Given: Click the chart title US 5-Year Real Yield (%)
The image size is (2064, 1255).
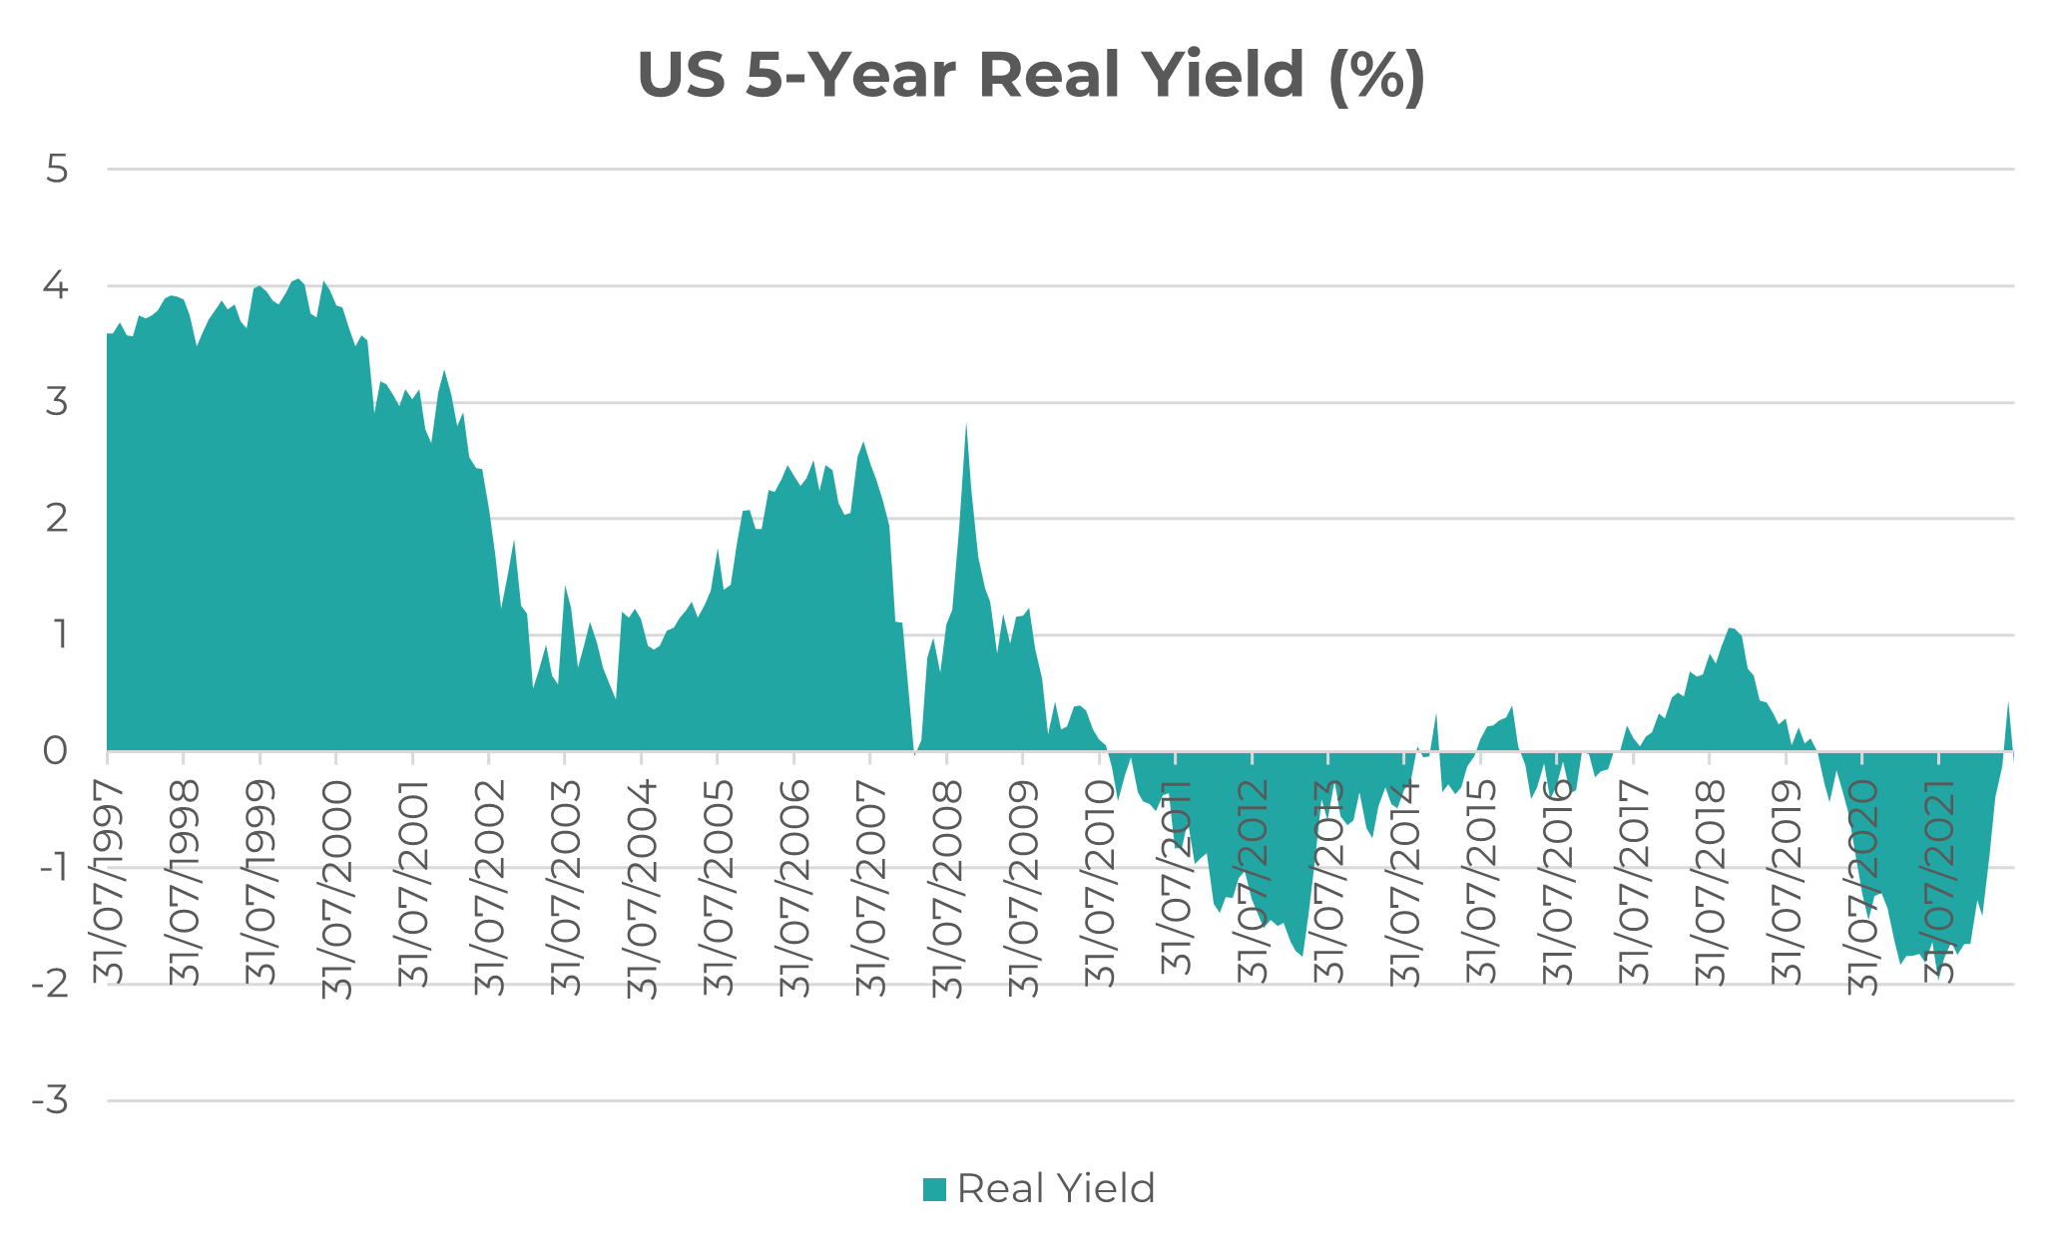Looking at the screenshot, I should click(x=1031, y=75).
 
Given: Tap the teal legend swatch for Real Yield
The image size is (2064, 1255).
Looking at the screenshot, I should click(x=934, y=1189).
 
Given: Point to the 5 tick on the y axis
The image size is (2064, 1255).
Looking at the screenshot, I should click(x=57, y=170).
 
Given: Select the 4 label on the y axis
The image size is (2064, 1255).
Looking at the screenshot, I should click(x=57, y=286).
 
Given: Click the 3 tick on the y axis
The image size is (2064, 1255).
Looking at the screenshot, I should click(x=57, y=403).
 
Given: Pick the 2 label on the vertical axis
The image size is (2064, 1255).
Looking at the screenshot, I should click(x=57, y=519).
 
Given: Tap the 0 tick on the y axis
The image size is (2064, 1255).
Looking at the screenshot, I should click(x=57, y=751).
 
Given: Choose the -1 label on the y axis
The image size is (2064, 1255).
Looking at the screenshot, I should click(x=53, y=868).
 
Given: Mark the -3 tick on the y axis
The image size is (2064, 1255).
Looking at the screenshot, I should click(x=51, y=1101).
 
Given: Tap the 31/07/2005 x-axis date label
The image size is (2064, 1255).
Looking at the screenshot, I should click(x=719, y=888).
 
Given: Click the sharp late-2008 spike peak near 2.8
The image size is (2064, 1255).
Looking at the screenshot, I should click(x=966, y=424).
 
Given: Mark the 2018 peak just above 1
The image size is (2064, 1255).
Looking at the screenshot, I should click(x=1731, y=628).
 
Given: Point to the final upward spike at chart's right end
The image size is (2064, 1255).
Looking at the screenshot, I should click(x=2008, y=702).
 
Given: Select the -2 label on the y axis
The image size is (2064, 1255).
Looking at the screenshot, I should click(x=51, y=985).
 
